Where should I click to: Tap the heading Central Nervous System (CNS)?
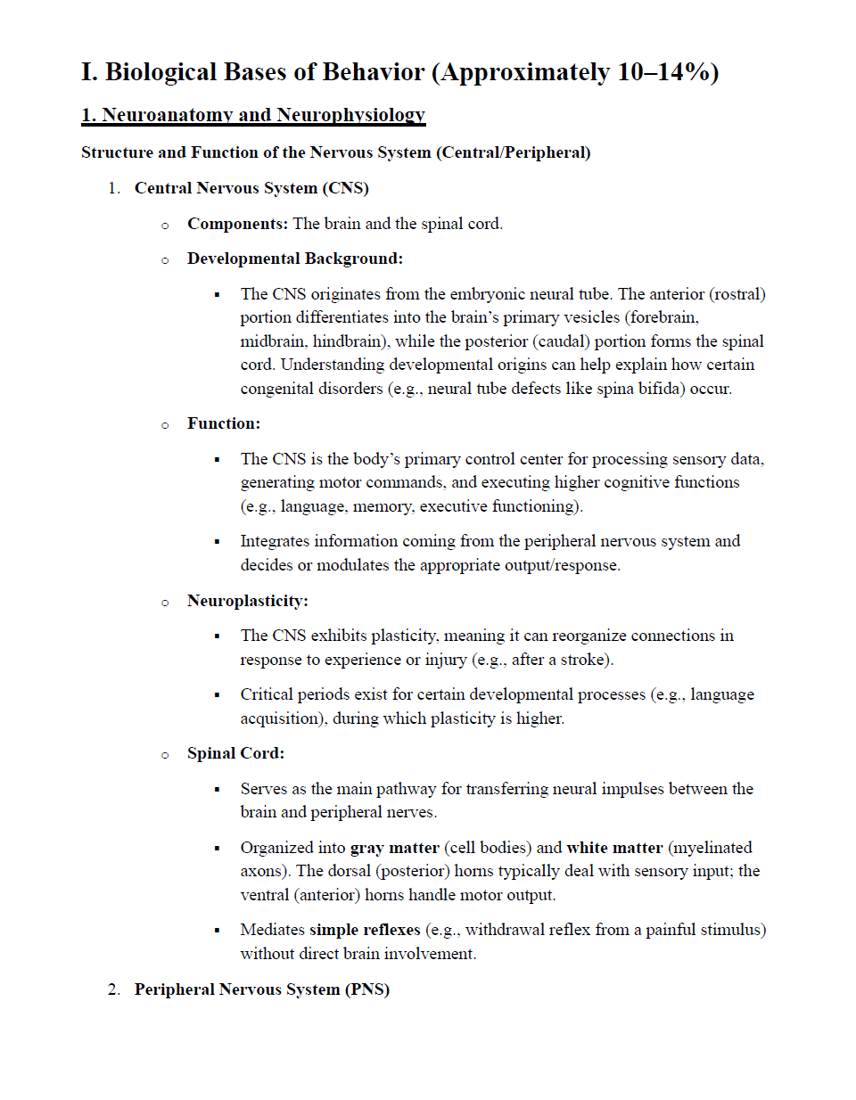coord(251,188)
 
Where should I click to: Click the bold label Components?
coord(237,224)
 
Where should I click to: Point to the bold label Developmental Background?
coord(295,259)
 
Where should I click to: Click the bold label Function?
coord(224,423)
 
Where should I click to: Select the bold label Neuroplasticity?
coord(248,601)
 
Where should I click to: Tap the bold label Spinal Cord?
coord(236,753)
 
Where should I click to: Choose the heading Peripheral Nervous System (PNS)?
coord(262,989)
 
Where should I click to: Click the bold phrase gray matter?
coord(395,848)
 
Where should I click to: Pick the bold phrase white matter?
coord(614,848)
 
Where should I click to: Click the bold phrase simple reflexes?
coord(365,930)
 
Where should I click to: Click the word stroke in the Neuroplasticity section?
coord(582,660)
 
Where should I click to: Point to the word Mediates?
coord(272,930)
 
